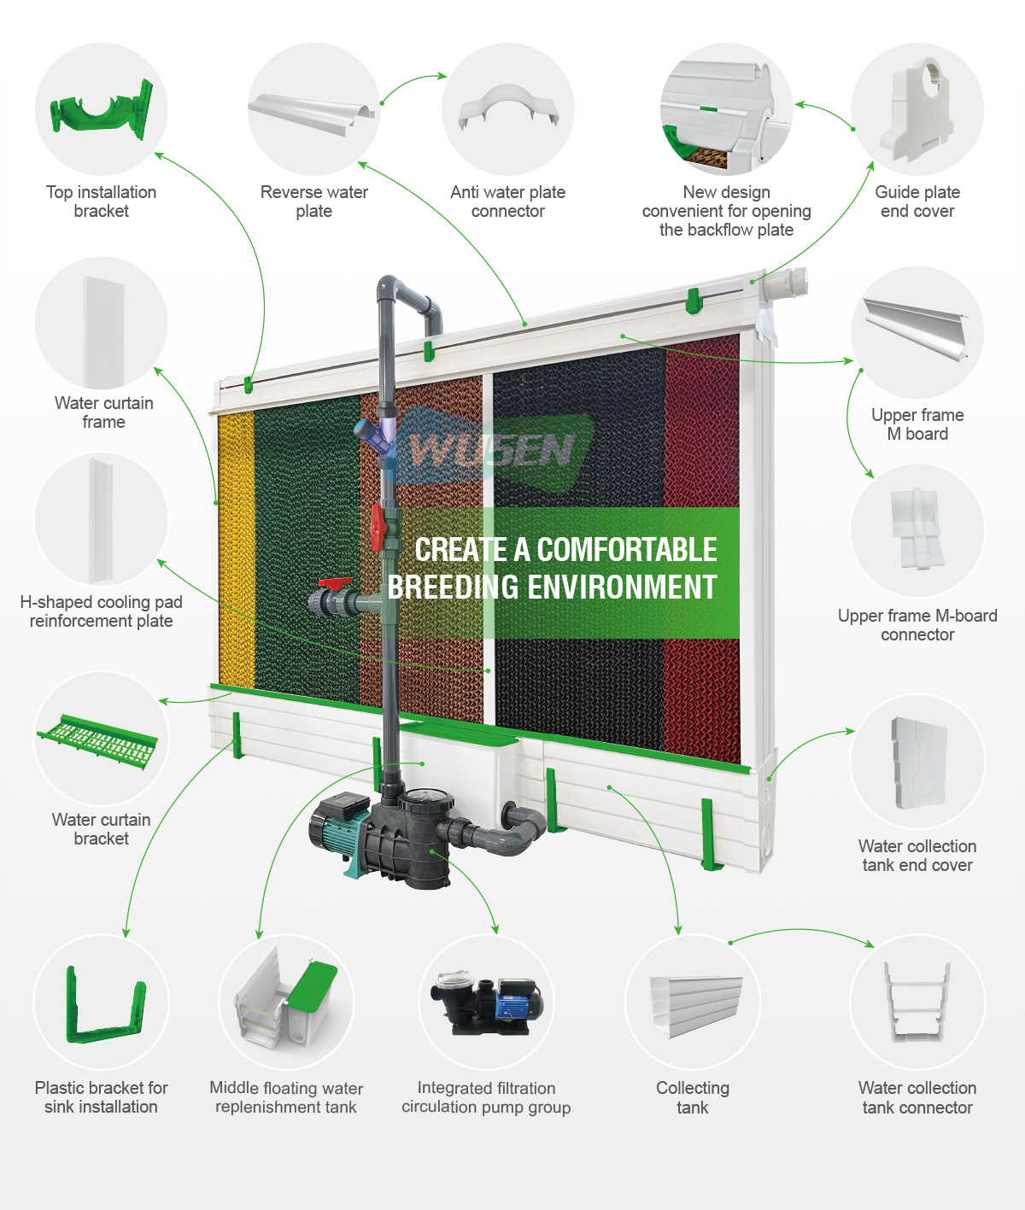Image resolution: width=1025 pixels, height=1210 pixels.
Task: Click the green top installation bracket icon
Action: click(102, 110)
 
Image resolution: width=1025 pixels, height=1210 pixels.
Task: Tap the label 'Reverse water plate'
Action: click(314, 202)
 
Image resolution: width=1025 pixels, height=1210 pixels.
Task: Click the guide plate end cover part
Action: click(917, 108)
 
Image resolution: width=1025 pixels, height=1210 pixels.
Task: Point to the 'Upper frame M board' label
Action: click(917, 424)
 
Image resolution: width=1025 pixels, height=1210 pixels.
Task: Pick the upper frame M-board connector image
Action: click(917, 529)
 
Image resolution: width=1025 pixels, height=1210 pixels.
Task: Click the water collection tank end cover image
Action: click(918, 763)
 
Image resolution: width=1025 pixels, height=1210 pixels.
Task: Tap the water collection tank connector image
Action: click(917, 1002)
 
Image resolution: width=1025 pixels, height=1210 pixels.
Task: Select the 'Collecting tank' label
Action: click(693, 1097)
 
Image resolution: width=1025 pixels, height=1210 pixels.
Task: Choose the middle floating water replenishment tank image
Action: click(286, 1001)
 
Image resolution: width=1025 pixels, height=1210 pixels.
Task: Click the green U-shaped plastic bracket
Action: click(105, 1006)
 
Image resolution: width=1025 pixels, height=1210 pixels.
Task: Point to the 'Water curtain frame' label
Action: click(103, 412)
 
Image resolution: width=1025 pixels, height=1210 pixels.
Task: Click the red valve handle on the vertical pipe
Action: click(377, 528)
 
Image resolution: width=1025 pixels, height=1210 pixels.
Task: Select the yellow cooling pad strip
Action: click(237, 549)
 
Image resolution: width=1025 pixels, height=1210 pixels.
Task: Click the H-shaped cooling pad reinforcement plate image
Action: click(101, 520)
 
